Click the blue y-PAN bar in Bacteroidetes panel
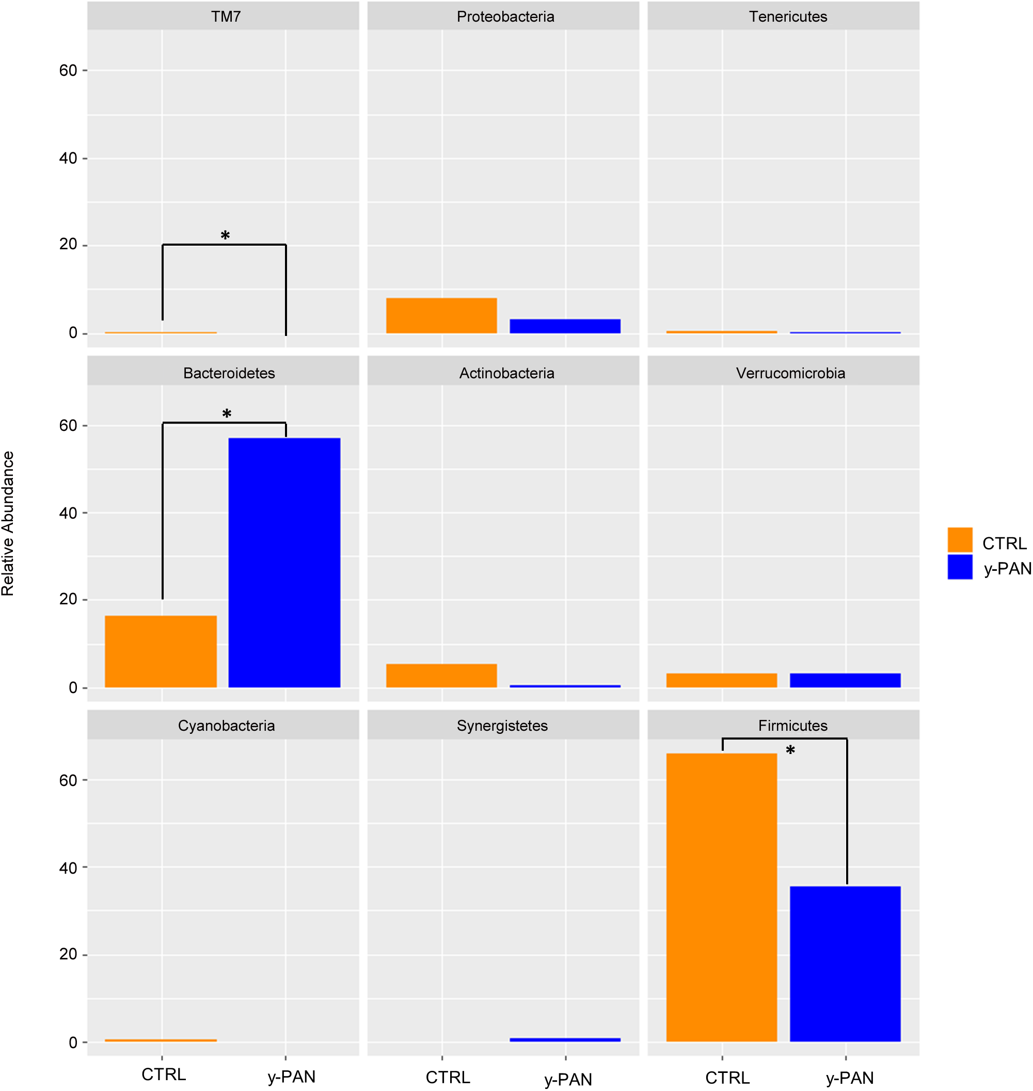pos(284,562)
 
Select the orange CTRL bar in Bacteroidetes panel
pos(161,651)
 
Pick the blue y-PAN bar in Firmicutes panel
pos(845,964)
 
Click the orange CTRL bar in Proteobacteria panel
pos(441,315)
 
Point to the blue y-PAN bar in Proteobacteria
pos(565,326)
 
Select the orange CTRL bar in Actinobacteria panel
pos(441,676)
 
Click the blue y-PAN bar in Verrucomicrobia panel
pos(845,680)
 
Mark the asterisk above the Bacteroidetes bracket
pos(226,414)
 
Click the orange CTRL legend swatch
pos(959,539)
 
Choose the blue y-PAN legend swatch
pos(959,567)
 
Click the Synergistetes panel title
pos(502,726)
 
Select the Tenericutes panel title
pos(787,17)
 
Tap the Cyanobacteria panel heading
pos(226,726)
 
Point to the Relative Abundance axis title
pos(8,523)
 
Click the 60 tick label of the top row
pos(68,71)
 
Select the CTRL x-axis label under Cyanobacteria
pos(164,1074)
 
